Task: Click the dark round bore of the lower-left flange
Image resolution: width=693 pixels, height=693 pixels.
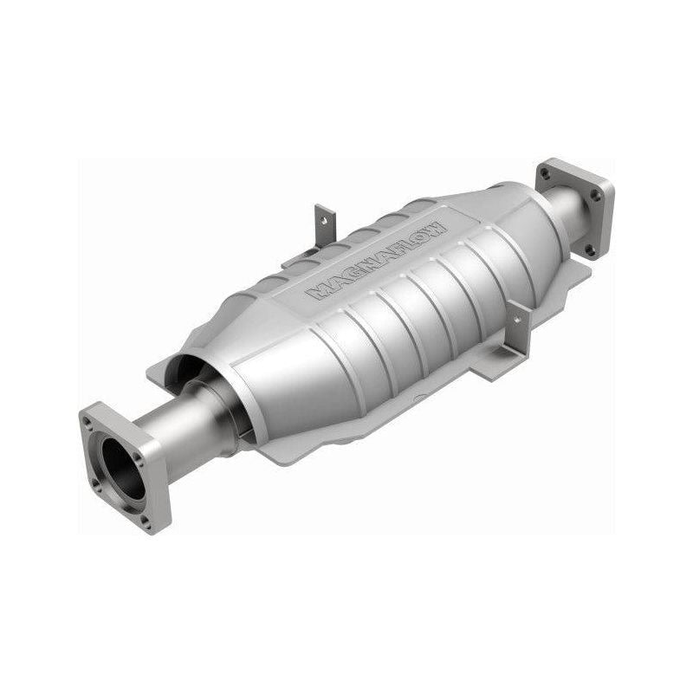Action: click(x=125, y=469)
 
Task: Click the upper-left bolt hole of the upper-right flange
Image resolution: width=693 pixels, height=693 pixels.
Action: click(x=546, y=173)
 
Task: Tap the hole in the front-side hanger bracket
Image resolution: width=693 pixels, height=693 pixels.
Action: click(x=518, y=320)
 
